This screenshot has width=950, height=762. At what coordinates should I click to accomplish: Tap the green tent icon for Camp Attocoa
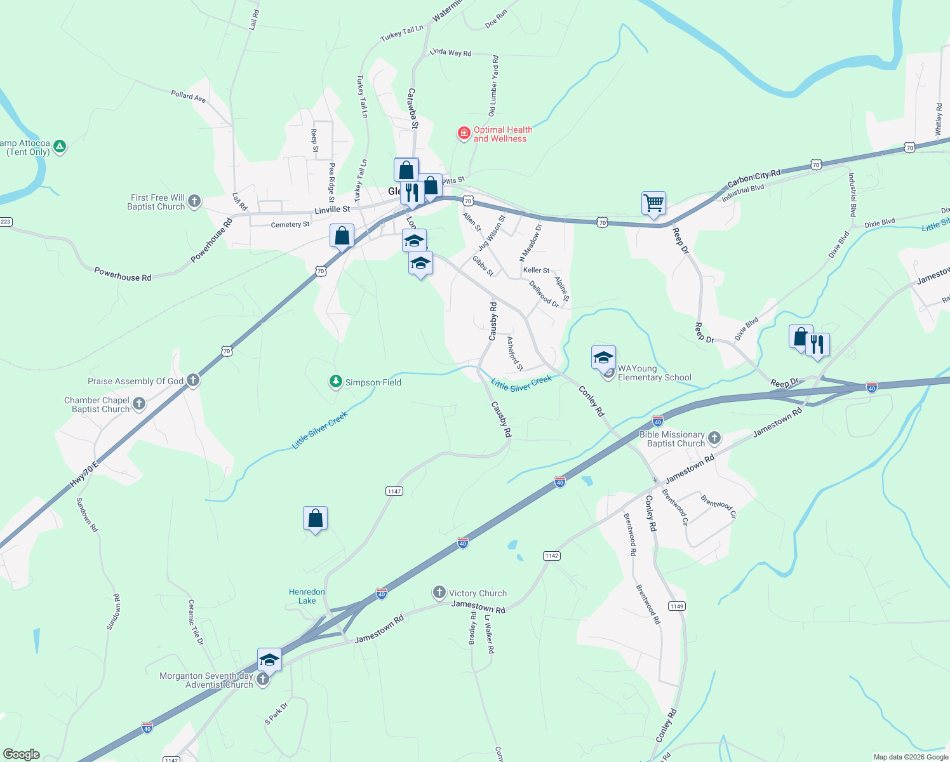[60, 147]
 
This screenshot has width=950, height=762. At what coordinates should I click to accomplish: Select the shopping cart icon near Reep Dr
[653, 204]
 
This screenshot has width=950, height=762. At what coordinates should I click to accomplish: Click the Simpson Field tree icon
[335, 382]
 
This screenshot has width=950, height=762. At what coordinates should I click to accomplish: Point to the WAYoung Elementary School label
[654, 373]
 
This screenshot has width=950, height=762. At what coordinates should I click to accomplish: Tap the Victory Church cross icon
[439, 593]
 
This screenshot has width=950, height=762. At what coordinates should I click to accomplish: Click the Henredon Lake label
[307, 596]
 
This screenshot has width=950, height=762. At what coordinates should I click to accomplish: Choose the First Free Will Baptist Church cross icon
[194, 202]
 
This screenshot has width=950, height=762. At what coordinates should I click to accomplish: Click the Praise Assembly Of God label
[135, 381]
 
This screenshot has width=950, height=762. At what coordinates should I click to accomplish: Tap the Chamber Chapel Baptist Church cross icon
[139, 404]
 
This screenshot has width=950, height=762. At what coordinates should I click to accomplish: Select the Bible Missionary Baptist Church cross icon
[714, 438]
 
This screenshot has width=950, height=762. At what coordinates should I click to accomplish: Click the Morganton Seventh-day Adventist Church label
[206, 680]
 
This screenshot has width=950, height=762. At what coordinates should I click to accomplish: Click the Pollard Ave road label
[189, 96]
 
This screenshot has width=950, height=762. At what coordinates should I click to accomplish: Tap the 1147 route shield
[394, 491]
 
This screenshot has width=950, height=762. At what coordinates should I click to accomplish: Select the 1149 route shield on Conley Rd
[676, 606]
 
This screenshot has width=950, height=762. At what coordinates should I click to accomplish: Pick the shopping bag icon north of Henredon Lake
[315, 519]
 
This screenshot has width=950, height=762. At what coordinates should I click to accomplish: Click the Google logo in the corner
[22, 754]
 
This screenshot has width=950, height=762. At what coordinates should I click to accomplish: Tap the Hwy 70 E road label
[84, 475]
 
